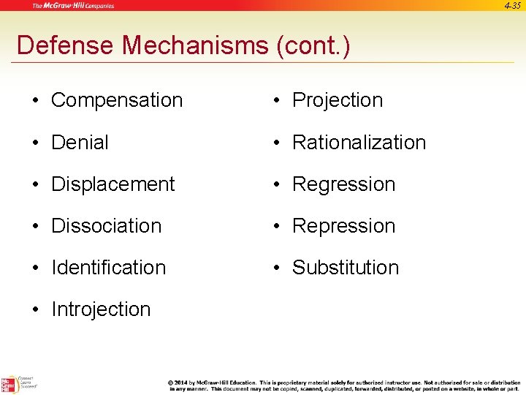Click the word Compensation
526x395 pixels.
(x=117, y=100)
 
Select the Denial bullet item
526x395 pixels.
(x=80, y=142)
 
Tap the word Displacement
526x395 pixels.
(x=113, y=184)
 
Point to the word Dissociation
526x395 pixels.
(x=106, y=226)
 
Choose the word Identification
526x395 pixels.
(x=109, y=268)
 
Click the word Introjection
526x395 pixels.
(x=101, y=309)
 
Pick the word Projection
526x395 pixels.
(x=338, y=100)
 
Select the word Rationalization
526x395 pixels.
(x=359, y=142)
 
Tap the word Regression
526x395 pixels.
(x=343, y=184)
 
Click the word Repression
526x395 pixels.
(x=343, y=226)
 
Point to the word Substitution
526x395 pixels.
(x=346, y=268)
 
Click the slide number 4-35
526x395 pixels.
(x=514, y=6)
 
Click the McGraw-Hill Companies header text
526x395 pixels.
(x=72, y=6)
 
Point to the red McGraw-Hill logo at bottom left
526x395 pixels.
(x=9, y=383)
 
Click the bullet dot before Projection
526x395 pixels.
(x=280, y=101)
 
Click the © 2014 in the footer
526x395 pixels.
(x=182, y=383)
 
